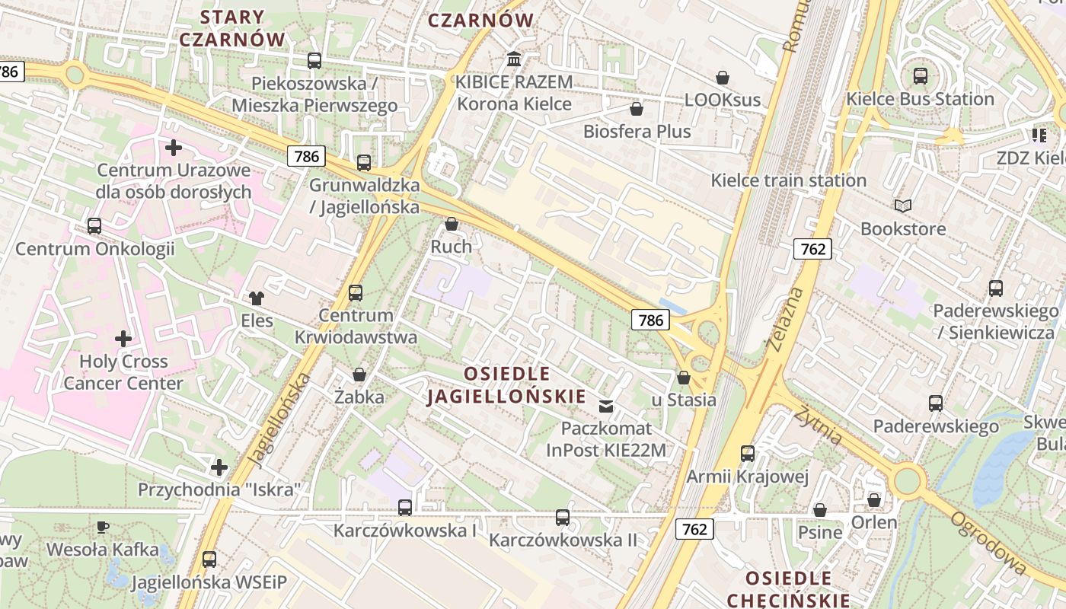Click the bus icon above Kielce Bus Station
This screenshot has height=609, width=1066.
920,76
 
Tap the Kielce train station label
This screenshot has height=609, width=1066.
788,180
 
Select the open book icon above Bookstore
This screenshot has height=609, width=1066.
902,206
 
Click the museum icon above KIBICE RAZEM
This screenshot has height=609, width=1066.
514,59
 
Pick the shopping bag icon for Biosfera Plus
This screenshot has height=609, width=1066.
637,109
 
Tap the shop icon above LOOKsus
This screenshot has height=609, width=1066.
722,78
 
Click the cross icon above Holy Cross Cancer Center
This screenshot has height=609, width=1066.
123,338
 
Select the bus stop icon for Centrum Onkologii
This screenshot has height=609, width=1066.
94,226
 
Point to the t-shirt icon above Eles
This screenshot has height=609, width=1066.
257,298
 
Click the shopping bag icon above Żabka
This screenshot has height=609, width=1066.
359,375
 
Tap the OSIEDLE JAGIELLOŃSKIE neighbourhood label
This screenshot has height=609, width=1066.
507,385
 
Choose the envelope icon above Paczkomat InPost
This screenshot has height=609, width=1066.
606,406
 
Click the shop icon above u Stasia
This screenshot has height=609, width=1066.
683,378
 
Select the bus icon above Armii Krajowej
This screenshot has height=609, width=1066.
747,454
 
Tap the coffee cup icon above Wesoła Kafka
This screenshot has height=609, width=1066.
103,527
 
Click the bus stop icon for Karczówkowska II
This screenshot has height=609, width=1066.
562,518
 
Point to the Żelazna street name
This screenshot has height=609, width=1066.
786,320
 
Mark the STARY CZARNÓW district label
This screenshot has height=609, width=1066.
232,28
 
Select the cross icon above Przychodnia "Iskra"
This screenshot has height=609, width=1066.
219,467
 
